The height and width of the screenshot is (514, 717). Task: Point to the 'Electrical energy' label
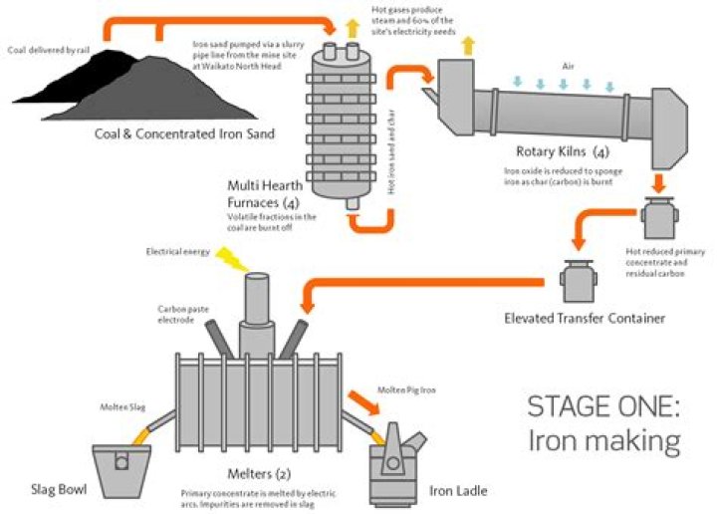[x=178, y=252]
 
